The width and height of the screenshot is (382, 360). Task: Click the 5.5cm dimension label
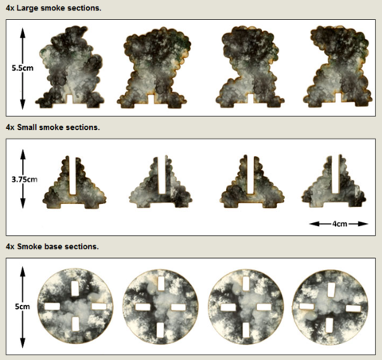[22, 68]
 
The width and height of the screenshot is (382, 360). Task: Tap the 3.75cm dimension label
[25, 179]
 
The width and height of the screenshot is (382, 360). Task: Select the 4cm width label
[340, 224]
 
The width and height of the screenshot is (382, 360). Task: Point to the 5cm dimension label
[22, 307]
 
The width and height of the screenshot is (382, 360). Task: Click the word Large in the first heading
[28, 8]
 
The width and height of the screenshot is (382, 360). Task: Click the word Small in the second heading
[27, 127]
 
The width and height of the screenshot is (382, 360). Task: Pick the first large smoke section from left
[70, 67]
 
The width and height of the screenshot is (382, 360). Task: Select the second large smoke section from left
[154, 68]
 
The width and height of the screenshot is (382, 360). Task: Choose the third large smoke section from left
[249, 67]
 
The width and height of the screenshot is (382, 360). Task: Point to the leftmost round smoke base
[76, 306]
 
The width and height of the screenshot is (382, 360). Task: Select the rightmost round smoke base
[330, 307]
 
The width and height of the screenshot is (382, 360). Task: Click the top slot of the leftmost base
[75, 289]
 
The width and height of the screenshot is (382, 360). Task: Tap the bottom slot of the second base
[160, 330]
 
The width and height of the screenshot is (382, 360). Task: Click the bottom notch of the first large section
[70, 99]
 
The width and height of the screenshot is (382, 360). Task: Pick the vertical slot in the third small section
[251, 174]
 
